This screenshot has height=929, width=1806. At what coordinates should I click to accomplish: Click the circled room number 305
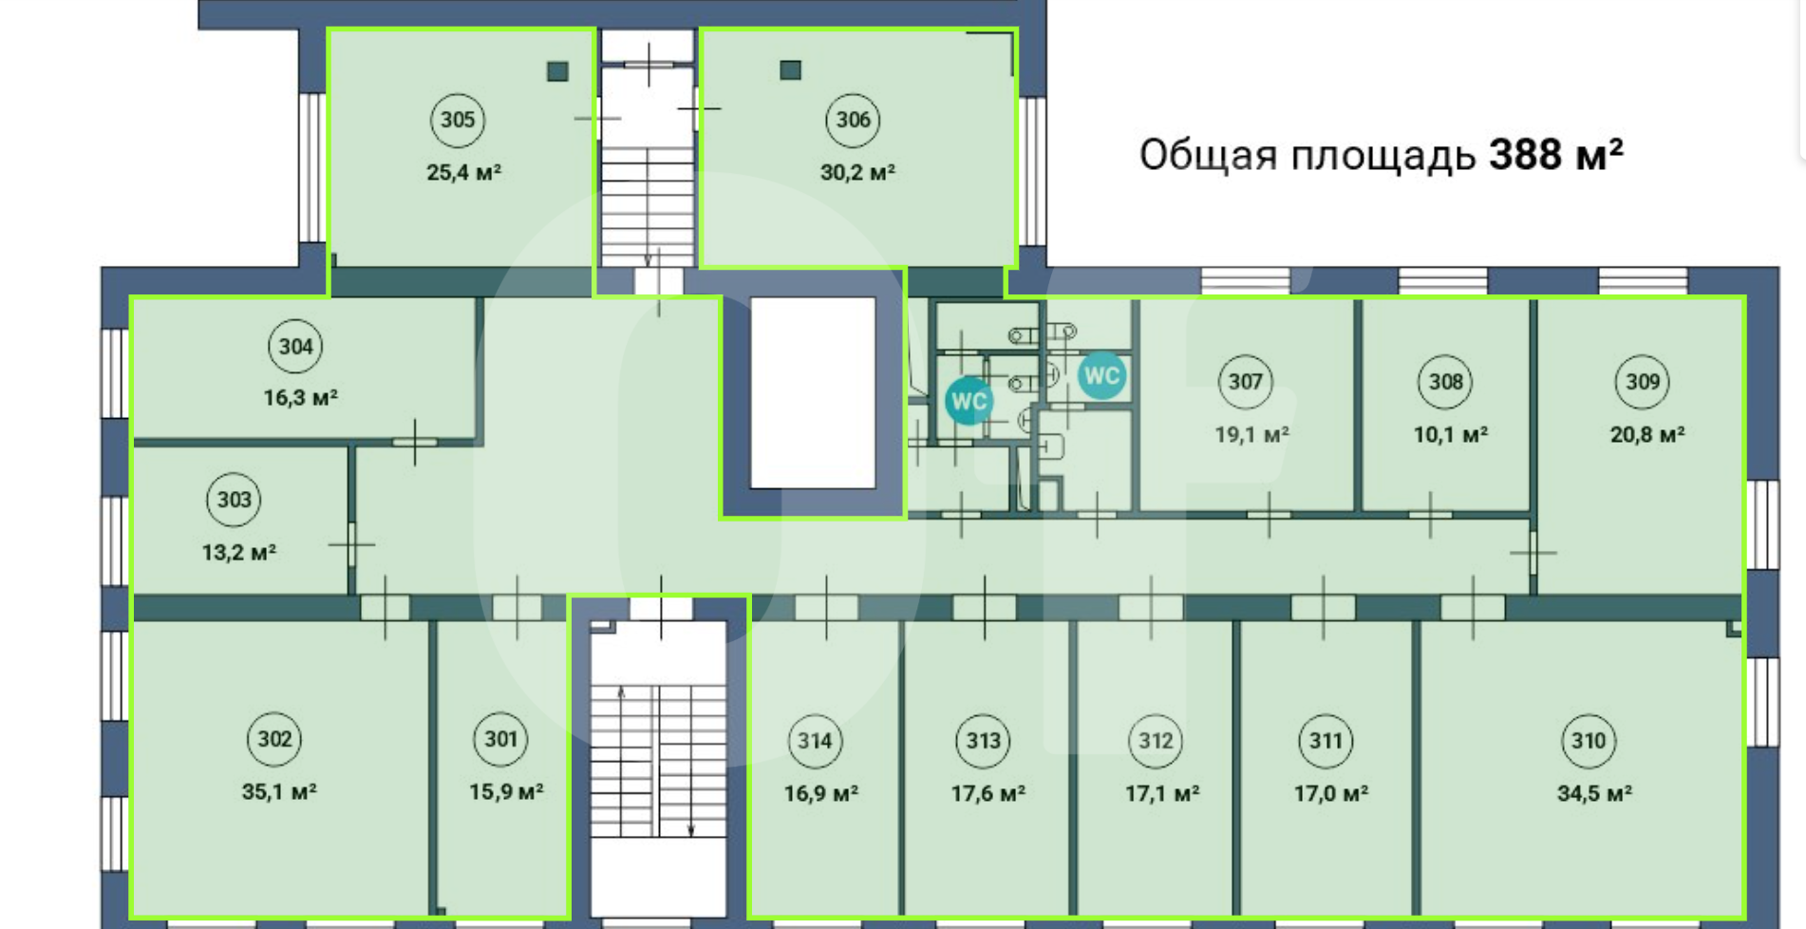[458, 120]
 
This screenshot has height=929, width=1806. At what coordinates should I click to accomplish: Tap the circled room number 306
[853, 120]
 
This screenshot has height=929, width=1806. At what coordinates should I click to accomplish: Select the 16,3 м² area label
[301, 397]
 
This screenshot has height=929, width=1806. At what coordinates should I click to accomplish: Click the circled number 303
[234, 500]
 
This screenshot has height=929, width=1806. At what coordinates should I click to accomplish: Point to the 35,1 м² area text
[279, 791]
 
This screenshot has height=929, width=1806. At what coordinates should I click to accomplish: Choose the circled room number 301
[500, 739]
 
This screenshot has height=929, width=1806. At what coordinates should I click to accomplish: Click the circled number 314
[815, 741]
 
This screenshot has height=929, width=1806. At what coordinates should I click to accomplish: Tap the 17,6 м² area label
[988, 793]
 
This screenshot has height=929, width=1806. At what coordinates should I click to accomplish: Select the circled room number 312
[1156, 741]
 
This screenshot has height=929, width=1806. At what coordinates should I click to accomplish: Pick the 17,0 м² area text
[1331, 793]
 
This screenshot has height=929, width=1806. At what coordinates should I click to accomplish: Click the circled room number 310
[1589, 741]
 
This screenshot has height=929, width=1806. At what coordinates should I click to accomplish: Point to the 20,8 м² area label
[1647, 434]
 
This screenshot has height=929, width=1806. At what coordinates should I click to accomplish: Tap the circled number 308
[1445, 382]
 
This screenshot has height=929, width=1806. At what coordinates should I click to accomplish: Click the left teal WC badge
[969, 401]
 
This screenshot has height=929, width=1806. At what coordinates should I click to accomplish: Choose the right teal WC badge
[1101, 376]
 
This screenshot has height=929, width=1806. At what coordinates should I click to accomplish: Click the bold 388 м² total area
[1556, 154]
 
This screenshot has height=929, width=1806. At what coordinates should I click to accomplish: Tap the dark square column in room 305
[557, 71]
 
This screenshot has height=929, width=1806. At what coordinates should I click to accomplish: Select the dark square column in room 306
[790, 69]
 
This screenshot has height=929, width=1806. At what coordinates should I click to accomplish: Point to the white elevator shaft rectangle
[813, 393]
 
